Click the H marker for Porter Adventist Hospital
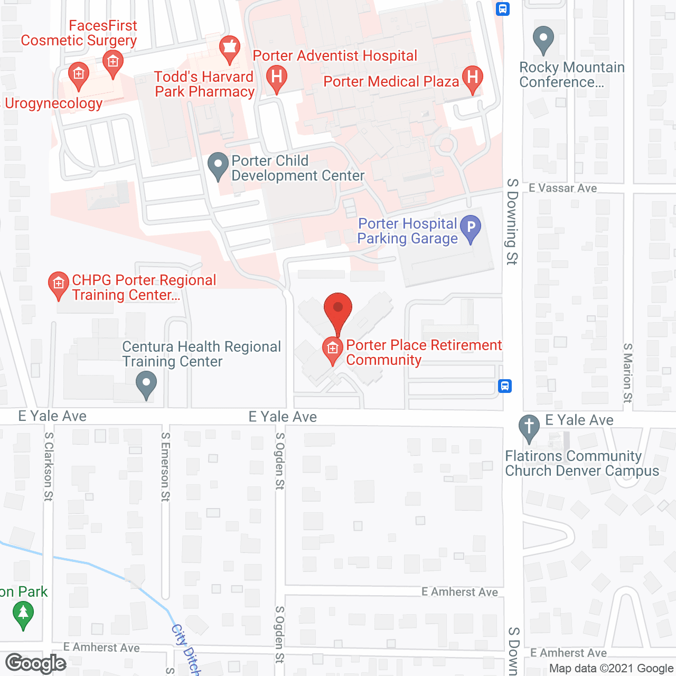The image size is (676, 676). (276, 77)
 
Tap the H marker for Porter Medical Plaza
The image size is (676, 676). (473, 78)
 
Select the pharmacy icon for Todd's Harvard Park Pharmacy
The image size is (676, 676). (230, 48)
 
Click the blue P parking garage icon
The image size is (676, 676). (471, 228)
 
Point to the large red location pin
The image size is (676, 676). (337, 312)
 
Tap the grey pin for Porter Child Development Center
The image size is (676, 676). (218, 165)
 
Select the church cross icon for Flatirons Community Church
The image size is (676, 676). (529, 427)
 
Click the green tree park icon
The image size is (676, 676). (23, 614)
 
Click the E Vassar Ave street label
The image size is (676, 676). (562, 188)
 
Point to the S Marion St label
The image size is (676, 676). (627, 373)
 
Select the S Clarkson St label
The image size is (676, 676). (49, 466)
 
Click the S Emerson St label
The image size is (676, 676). (165, 466)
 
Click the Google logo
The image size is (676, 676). (36, 663)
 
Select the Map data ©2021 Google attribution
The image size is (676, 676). (611, 669)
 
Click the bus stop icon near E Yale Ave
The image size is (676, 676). (505, 386)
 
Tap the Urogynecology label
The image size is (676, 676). (53, 103)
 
